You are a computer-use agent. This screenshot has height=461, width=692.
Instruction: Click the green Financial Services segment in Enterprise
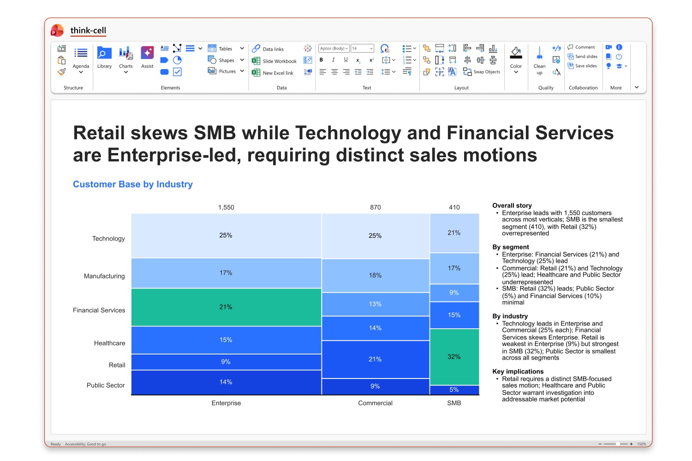[x=226, y=307]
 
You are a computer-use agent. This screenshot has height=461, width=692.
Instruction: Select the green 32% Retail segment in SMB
[x=454, y=357]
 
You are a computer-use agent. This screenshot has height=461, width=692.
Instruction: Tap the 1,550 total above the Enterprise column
[x=226, y=207]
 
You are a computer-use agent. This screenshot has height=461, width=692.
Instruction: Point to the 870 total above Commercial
[x=376, y=207]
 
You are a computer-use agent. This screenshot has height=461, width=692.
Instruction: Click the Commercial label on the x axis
[x=375, y=403]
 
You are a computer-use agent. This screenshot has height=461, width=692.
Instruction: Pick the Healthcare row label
[x=109, y=343]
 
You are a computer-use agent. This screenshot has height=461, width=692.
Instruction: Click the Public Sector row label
[x=106, y=385]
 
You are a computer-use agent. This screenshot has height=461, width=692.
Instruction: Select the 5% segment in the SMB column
[x=454, y=390]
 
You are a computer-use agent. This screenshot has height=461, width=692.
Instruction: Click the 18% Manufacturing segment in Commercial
[x=376, y=275]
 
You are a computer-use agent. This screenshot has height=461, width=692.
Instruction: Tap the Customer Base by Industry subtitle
[x=133, y=184]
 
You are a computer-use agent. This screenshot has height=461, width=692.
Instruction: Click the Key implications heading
[x=518, y=372]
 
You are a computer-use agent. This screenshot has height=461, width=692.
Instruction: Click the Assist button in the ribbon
[x=147, y=58]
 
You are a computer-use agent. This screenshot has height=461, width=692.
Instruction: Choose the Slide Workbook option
[x=274, y=61]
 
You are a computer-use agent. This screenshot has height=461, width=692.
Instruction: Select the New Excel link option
[x=273, y=73]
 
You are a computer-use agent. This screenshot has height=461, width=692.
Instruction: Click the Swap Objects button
[x=481, y=71]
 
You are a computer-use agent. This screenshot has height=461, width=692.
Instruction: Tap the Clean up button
[x=539, y=61]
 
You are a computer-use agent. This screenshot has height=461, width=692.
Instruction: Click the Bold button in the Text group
[x=321, y=60]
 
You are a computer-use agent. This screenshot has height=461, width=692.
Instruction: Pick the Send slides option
[x=583, y=57]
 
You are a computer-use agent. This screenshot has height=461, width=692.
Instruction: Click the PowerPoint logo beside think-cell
[x=57, y=30]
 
